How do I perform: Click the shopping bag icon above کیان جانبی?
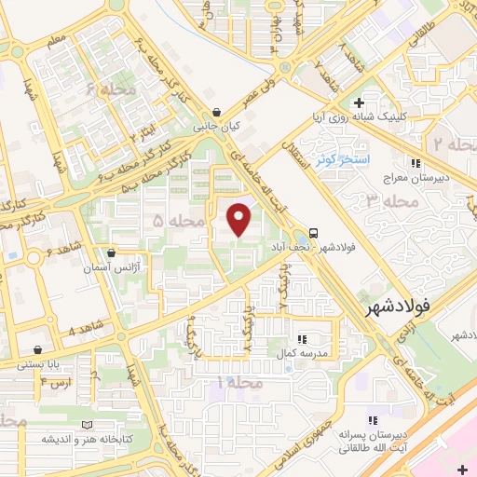tap(217, 112)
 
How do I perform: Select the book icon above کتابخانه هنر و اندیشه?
tap(87, 424)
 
